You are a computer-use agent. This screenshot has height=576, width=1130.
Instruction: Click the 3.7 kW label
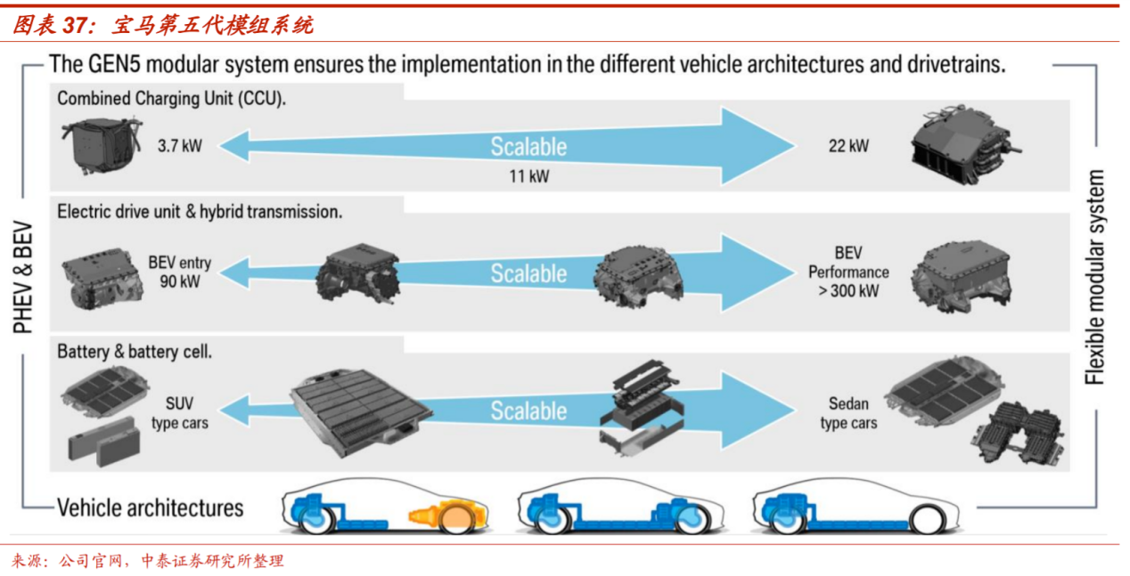[x=180, y=146]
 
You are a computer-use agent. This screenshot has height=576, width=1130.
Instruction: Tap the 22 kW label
[x=848, y=146]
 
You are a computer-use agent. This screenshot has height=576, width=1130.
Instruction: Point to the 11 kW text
[x=528, y=176]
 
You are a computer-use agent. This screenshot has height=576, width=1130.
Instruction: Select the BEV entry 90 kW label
[x=180, y=272]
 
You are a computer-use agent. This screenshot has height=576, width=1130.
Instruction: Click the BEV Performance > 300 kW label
[x=848, y=272]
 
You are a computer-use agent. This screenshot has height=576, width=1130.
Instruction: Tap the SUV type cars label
[x=180, y=413]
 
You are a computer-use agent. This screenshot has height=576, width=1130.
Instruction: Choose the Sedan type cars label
[x=848, y=413]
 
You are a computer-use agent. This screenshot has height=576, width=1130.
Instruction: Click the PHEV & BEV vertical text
[x=22, y=277]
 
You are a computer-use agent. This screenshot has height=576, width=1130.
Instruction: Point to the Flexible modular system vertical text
[x=1094, y=277]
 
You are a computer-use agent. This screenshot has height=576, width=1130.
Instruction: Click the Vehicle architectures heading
[x=150, y=507]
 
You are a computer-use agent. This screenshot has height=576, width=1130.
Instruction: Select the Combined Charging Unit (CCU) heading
[x=171, y=98]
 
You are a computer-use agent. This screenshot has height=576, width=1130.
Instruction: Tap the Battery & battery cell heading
[x=135, y=352]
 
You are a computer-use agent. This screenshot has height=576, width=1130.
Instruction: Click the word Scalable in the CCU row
[x=528, y=147]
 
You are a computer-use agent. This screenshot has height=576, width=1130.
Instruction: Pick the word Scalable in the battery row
[x=528, y=410]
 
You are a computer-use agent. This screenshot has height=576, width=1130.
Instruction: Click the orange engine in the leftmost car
[x=448, y=515]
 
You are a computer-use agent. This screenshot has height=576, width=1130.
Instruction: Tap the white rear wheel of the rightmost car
[x=927, y=519]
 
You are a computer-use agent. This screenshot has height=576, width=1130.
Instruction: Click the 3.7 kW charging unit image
[x=102, y=145]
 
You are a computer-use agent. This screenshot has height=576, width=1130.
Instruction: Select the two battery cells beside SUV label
[x=104, y=442]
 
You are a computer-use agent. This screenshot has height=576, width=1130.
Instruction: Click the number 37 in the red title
[x=75, y=25]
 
